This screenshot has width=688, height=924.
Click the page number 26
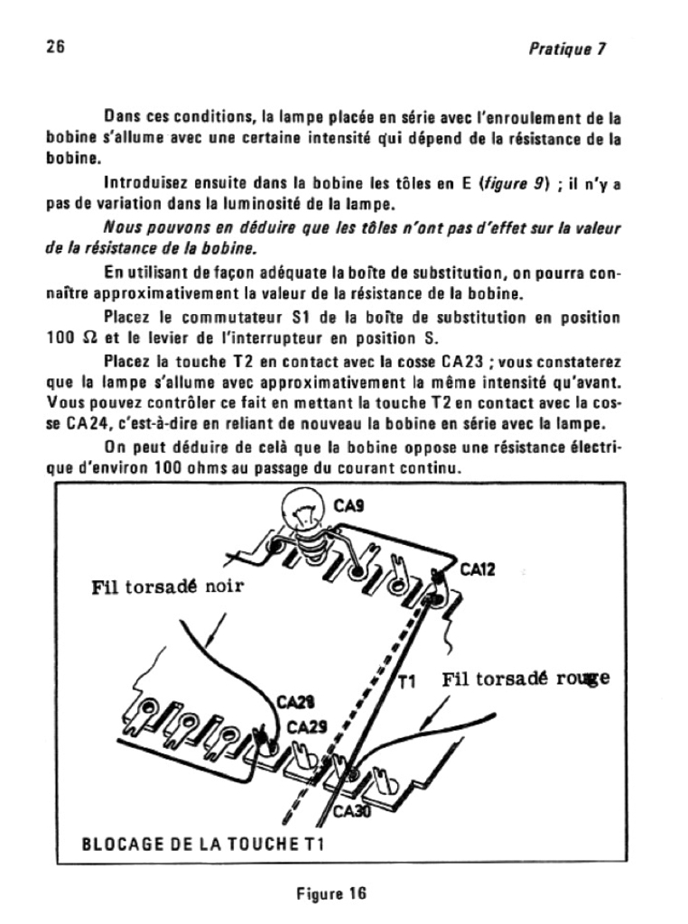[x=56, y=47]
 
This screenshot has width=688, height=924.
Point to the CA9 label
[x=348, y=507]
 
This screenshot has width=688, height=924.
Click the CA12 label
[x=478, y=569]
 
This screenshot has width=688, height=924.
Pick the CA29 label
[x=305, y=727]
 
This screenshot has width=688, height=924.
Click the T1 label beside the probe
[x=406, y=682]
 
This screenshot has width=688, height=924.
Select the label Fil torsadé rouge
[x=525, y=679]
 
